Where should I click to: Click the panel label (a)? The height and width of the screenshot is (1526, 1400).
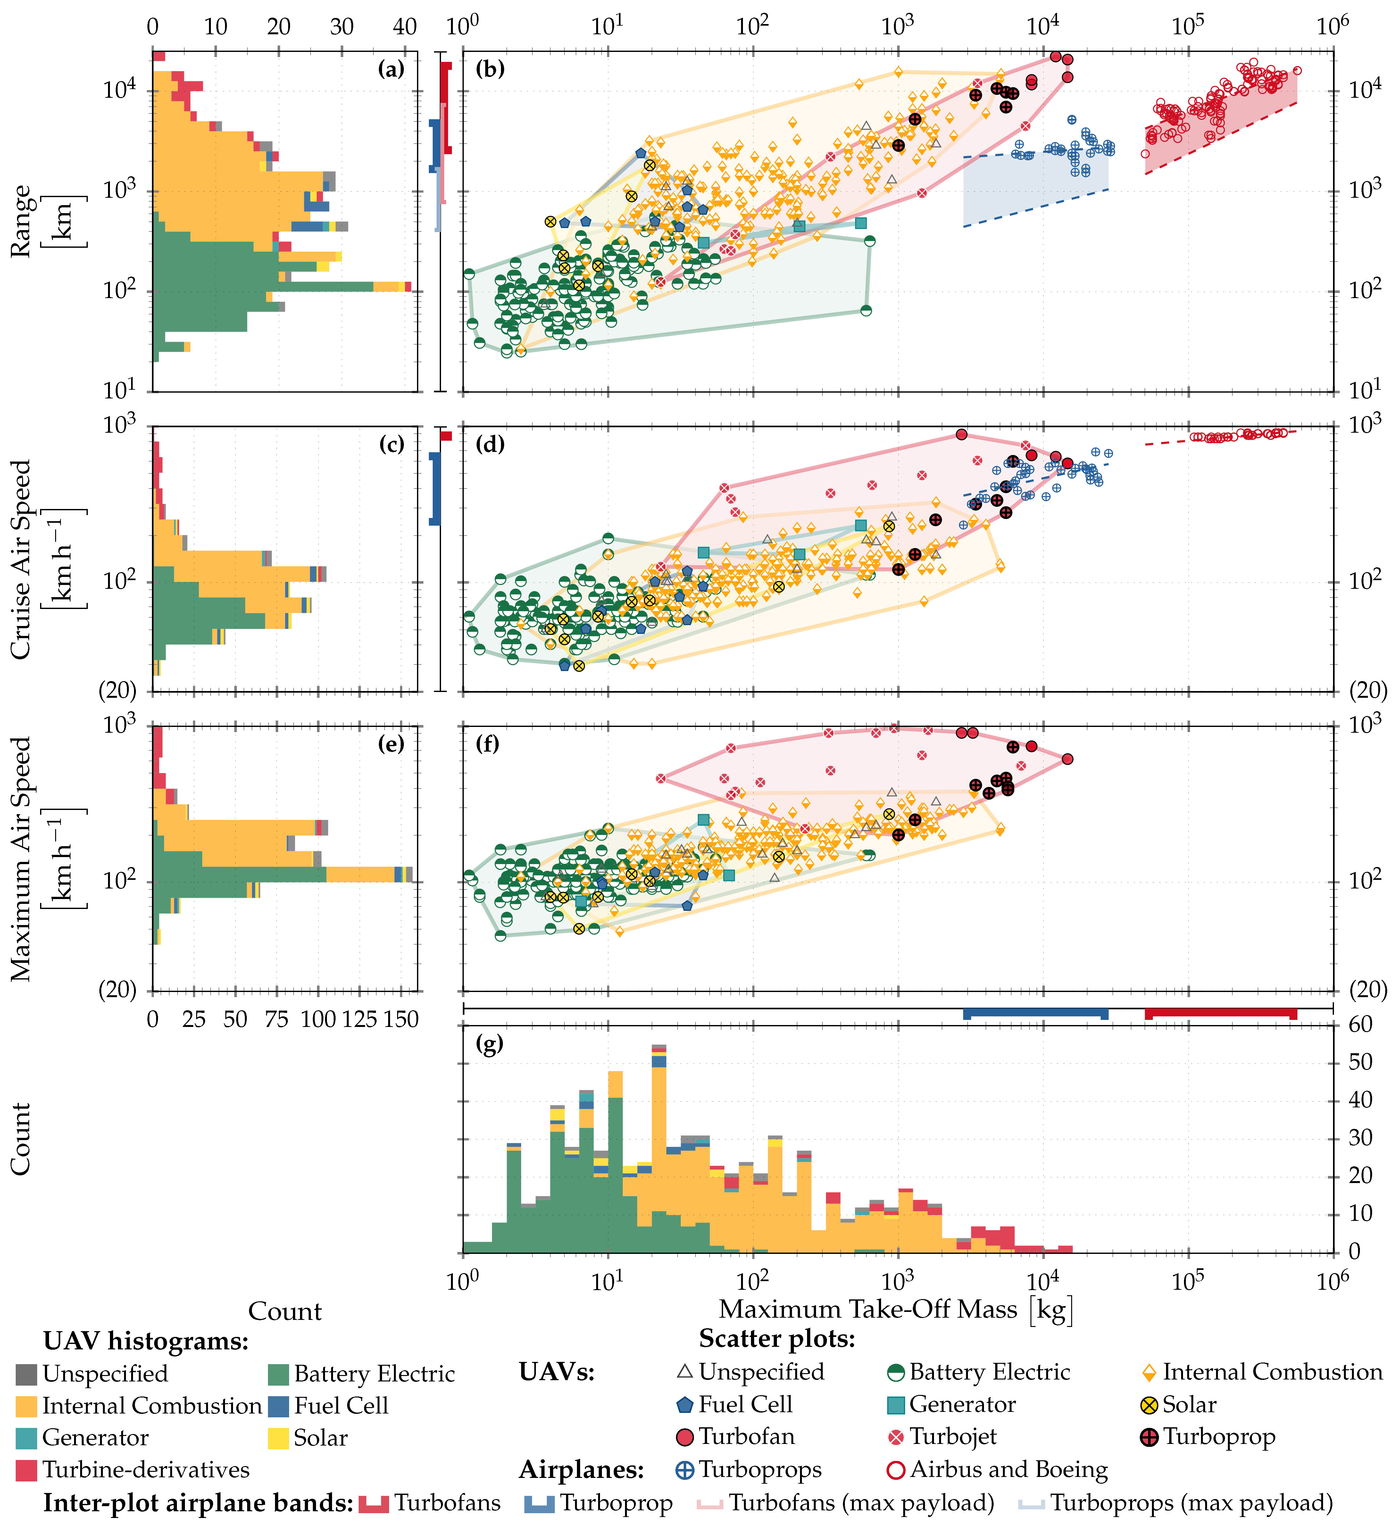[391, 70]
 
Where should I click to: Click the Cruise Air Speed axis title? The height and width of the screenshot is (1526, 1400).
[42, 559]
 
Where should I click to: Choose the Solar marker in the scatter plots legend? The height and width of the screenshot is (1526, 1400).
[1149, 1405]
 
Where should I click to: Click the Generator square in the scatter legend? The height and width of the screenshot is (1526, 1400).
[896, 1405]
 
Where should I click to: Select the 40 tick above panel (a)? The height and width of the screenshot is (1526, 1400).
[405, 27]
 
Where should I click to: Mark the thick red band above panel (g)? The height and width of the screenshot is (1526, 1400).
[1221, 1013]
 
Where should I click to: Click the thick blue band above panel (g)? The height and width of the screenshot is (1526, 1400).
[1036, 1013]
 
